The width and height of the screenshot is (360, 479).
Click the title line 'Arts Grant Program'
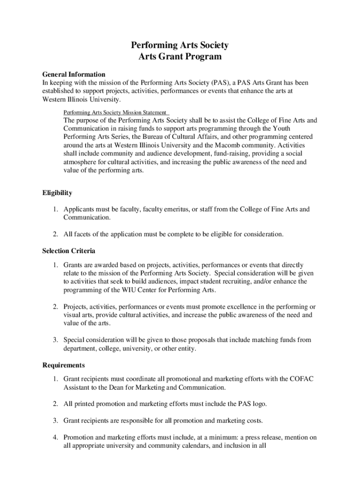[x=180, y=57]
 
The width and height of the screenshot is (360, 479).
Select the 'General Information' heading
[x=74, y=74]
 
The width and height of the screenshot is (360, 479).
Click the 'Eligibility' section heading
[x=57, y=193]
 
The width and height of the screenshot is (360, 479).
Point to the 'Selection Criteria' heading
[x=69, y=251]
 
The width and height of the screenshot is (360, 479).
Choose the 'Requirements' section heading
[x=64, y=365]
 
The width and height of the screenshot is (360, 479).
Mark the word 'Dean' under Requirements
[x=125, y=387]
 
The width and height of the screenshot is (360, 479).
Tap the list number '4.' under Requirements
[x=55, y=437]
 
